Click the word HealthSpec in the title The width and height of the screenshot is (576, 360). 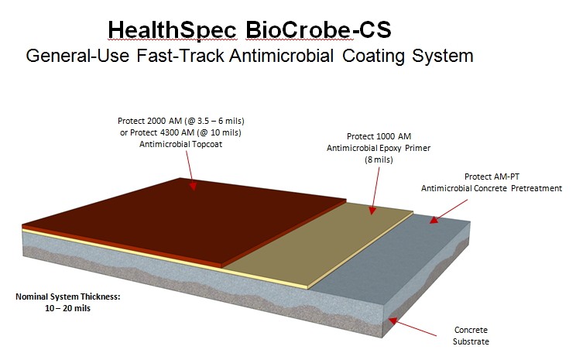173,30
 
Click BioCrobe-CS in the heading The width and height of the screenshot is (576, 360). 318,29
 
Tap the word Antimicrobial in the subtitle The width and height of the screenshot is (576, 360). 281,56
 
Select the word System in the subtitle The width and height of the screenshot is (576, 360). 442,57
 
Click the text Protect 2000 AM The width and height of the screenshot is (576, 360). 150,121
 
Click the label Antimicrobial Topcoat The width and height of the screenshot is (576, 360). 180,144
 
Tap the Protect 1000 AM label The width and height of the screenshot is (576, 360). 379,136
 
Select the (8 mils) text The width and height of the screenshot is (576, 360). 379,159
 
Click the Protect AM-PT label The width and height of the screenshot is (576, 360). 492,177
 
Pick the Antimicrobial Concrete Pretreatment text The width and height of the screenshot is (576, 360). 492,188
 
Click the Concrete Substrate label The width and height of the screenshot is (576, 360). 471,336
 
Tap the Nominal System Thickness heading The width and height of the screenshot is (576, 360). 68,297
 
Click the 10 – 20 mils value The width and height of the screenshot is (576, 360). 68,308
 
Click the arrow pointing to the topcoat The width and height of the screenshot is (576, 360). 190,171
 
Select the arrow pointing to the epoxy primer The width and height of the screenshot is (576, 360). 375,191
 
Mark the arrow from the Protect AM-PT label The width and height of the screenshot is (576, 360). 448,211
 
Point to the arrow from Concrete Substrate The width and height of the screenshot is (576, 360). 413,327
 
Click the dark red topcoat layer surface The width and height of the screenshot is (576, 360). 183,221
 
